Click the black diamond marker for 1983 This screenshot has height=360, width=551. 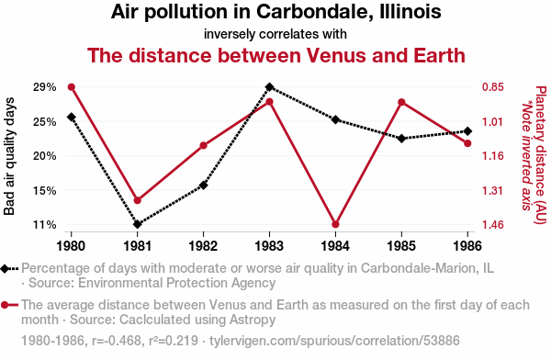point(269,87)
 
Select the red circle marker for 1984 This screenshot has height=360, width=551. point(335,224)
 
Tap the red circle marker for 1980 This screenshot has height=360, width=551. point(72,87)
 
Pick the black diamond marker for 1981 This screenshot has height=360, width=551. point(138,224)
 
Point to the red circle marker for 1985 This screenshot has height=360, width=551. point(401,102)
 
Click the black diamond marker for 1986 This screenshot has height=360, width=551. point(467,131)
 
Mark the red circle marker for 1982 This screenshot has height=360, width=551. point(204,145)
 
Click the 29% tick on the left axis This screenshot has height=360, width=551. point(45,87)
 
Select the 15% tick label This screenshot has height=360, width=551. point(45,190)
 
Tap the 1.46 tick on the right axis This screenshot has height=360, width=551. point(492,224)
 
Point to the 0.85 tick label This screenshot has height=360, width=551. point(492,87)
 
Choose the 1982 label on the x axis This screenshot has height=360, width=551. point(203,245)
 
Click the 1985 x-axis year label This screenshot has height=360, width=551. point(401,245)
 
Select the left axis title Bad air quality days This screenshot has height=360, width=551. point(9,156)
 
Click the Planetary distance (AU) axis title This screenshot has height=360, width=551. point(541,154)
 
